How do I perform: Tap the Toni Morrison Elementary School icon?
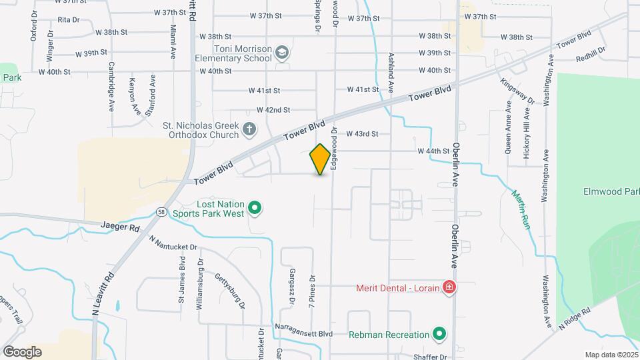click(282, 53)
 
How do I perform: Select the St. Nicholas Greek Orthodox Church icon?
click(249, 129)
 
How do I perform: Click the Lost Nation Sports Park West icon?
click(254, 209)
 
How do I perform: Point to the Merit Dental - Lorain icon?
click(449, 287)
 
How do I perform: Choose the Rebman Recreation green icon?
click(439, 333)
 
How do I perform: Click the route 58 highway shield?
click(162, 211)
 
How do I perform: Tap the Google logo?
click(22, 351)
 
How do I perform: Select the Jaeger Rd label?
click(121, 227)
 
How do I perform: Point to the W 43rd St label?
click(362, 133)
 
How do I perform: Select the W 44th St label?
click(434, 151)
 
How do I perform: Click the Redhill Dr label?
click(591, 53)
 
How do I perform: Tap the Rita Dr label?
click(69, 20)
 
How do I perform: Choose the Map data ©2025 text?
click(610, 355)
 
